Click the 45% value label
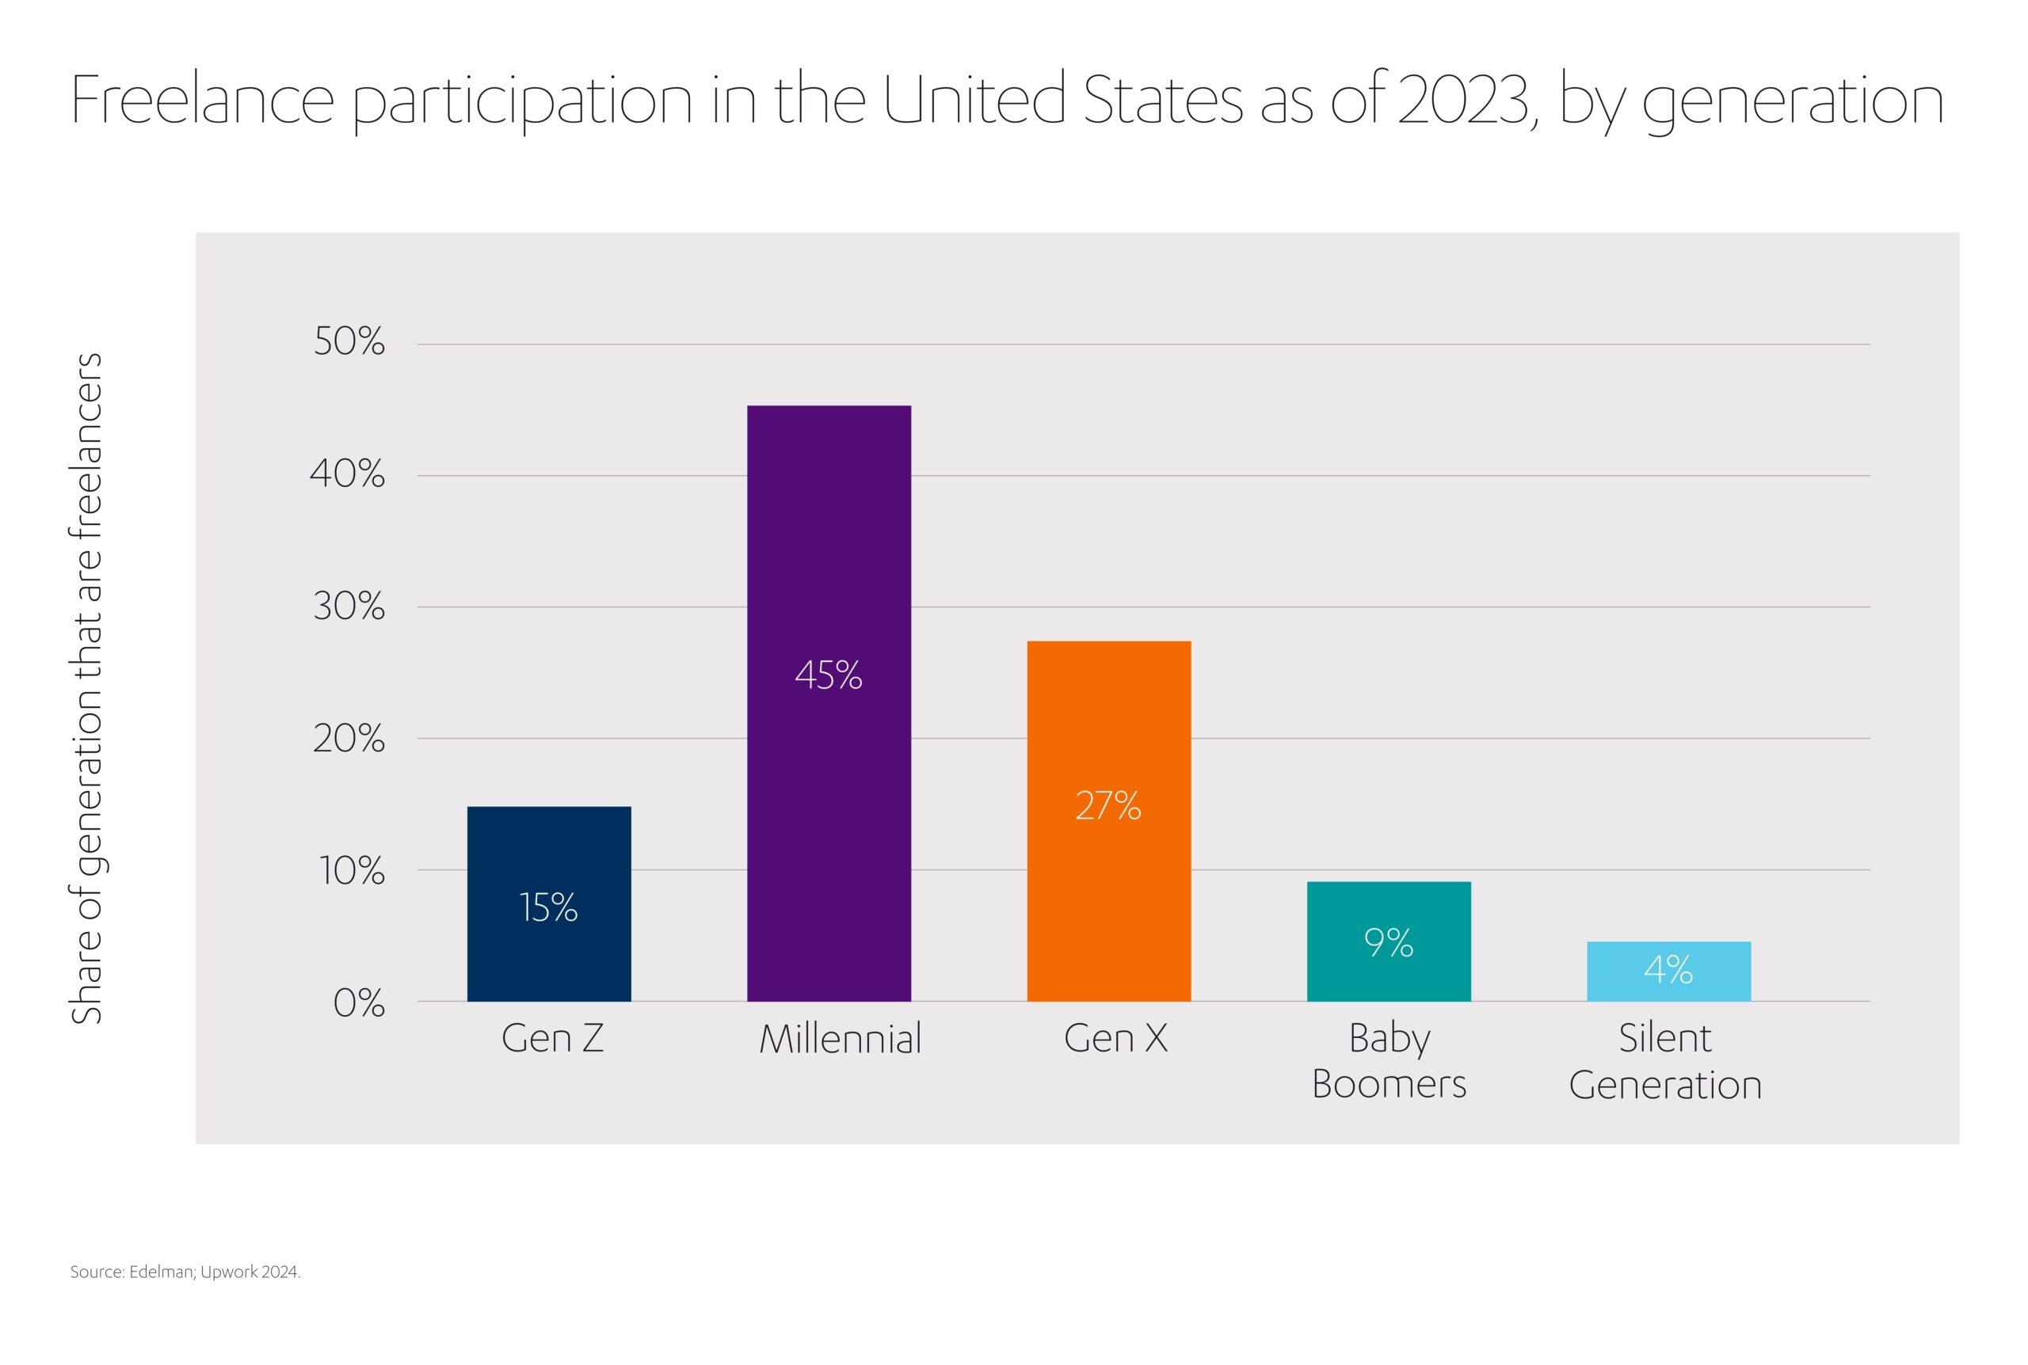(x=828, y=675)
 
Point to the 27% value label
(x=1107, y=806)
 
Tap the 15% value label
(x=548, y=908)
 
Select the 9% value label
(x=1388, y=943)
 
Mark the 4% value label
(x=1668, y=970)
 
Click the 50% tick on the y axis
(x=349, y=342)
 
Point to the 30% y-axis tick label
(x=349, y=606)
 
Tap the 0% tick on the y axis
(x=359, y=1004)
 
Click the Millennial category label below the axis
(x=841, y=1040)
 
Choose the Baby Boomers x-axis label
(x=1389, y=1061)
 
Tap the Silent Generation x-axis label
(x=1665, y=1061)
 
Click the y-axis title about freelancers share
(x=86, y=688)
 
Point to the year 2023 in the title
(x=1463, y=100)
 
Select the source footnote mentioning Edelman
(x=185, y=1272)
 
